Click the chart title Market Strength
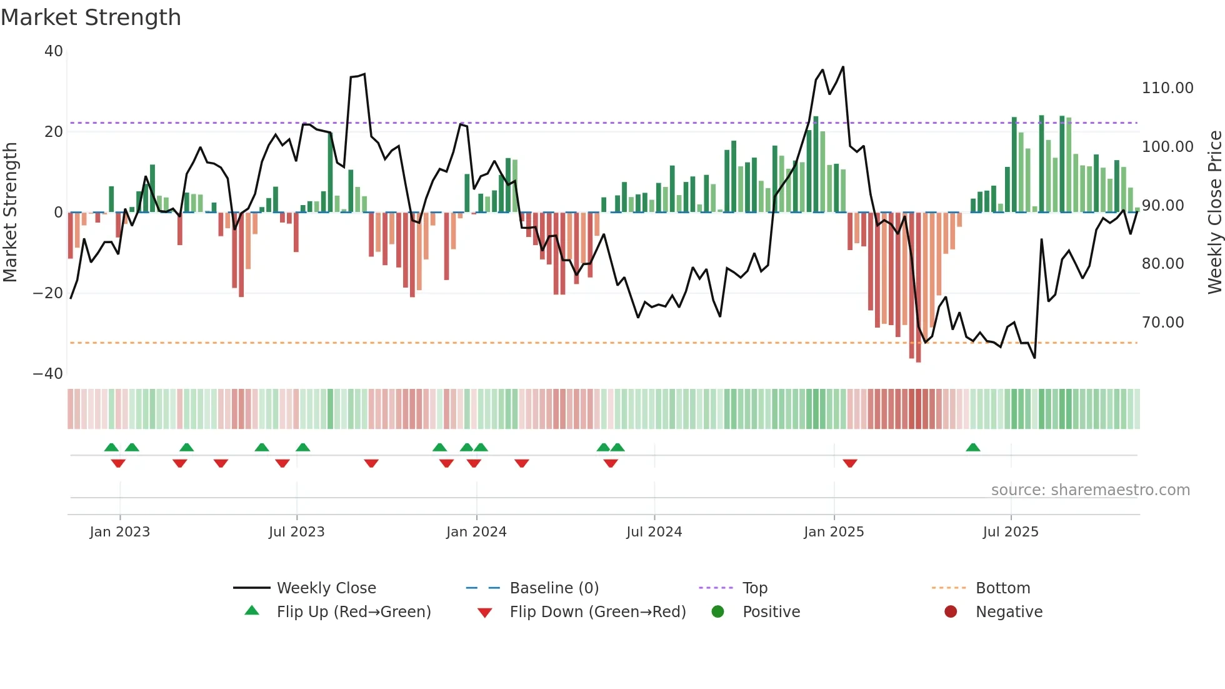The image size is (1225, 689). pyautogui.click(x=91, y=18)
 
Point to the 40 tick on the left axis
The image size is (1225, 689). pyautogui.click(x=54, y=51)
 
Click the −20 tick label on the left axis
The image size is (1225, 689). pyautogui.click(x=48, y=293)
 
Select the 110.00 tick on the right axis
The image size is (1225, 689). pyautogui.click(x=1167, y=88)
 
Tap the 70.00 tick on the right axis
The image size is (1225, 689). pyautogui.click(x=1162, y=323)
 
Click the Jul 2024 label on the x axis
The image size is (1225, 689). pyautogui.click(x=654, y=532)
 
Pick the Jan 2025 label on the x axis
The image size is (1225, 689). pyautogui.click(x=833, y=532)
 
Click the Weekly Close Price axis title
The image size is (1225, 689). pyautogui.click(x=1214, y=212)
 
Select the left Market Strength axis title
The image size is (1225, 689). pyautogui.click(x=10, y=212)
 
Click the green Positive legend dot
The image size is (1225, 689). pyautogui.click(x=717, y=612)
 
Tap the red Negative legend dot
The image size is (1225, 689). pyautogui.click(x=951, y=612)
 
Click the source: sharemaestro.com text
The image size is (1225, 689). pyautogui.click(x=1090, y=490)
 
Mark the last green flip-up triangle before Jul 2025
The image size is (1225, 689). pyautogui.click(x=972, y=448)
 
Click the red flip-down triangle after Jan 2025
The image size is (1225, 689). pyautogui.click(x=849, y=463)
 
